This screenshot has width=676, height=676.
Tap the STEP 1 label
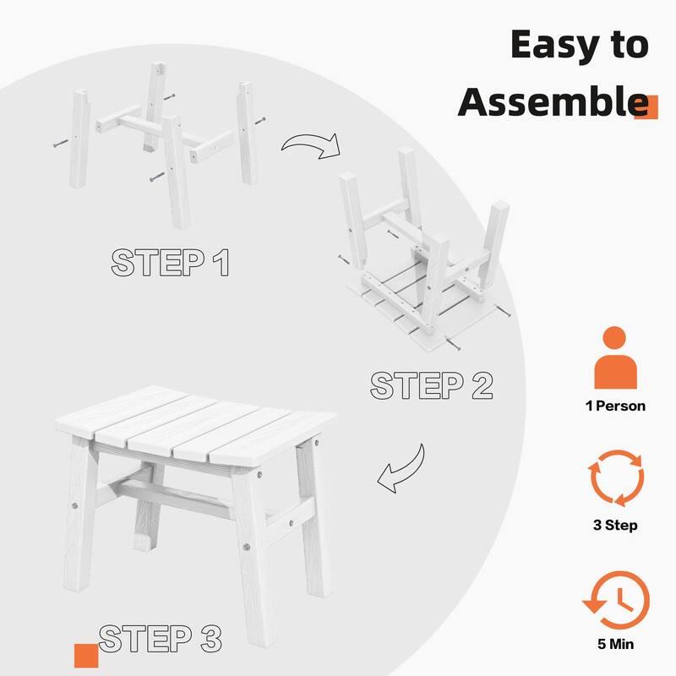(x=170, y=262)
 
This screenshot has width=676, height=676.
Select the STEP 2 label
(x=431, y=385)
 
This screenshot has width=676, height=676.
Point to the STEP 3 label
(x=160, y=638)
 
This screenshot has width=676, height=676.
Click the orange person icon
(x=615, y=357)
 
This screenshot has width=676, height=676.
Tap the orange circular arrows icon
(x=617, y=478)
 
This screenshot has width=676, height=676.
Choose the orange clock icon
(x=617, y=600)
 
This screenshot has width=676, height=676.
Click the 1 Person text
(x=615, y=406)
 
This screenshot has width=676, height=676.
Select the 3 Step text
(x=615, y=525)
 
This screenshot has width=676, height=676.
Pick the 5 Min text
(x=616, y=644)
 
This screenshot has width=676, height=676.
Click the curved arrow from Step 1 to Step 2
(x=311, y=143)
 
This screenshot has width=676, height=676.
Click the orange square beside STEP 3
(x=86, y=656)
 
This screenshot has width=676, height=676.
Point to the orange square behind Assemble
(x=646, y=107)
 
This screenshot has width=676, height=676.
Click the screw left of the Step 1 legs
(x=61, y=144)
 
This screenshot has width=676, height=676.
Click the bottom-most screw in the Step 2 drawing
(x=453, y=345)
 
